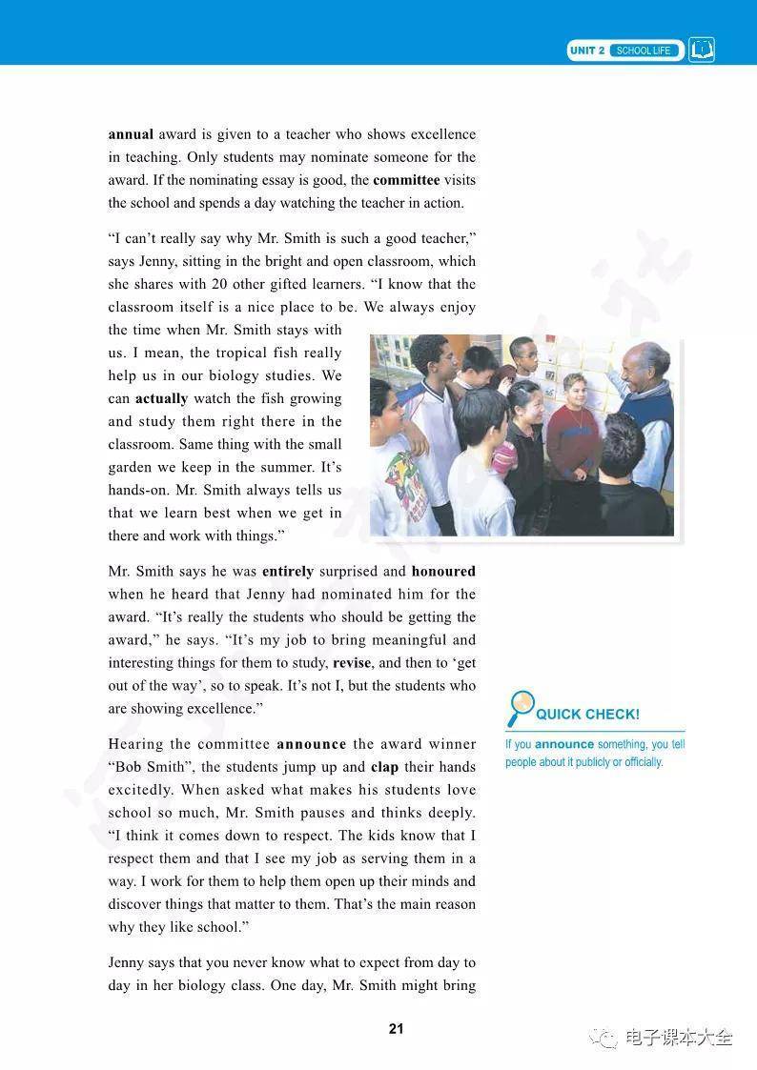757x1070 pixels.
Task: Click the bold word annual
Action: (x=131, y=134)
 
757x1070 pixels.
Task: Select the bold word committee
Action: (x=406, y=180)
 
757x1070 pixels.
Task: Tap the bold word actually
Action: (x=161, y=398)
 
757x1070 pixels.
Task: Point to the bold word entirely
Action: (x=288, y=572)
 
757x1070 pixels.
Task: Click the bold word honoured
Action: (x=443, y=572)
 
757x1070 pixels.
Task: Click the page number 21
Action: (x=397, y=1029)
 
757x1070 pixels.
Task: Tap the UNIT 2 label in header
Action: (x=587, y=50)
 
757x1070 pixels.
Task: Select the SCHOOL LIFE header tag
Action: (x=644, y=50)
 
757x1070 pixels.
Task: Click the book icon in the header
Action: (x=702, y=50)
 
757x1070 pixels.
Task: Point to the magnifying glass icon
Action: (x=521, y=707)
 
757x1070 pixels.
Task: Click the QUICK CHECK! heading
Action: (x=587, y=715)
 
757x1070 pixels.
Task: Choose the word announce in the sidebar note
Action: (x=564, y=744)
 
